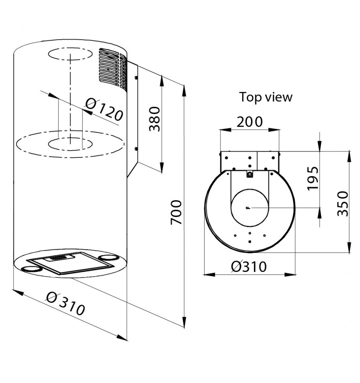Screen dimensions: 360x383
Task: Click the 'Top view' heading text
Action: pos(266,97)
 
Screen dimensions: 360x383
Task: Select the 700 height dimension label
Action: pos(176,212)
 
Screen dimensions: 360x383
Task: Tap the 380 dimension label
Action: pos(154,119)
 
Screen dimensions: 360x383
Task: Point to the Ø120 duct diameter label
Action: pos(104,110)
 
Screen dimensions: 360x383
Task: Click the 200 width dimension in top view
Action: pos(250,122)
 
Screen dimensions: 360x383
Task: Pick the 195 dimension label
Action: pos(313,178)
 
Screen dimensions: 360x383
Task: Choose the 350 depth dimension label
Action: pos(343,204)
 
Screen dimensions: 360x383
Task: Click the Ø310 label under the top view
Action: pos(249,266)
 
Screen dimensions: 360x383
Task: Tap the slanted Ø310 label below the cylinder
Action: pos(66,303)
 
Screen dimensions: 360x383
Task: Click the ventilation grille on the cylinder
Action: pos(113,69)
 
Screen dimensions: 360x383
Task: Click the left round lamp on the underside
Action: pos(32,269)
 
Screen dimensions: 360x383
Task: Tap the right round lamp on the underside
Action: pos(108,257)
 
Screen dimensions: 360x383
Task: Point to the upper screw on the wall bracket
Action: pos(136,78)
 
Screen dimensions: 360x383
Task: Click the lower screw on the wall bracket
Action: pos(136,149)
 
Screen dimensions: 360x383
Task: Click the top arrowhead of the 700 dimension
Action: pos(184,90)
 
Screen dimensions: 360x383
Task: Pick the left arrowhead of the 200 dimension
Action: pos(226,130)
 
